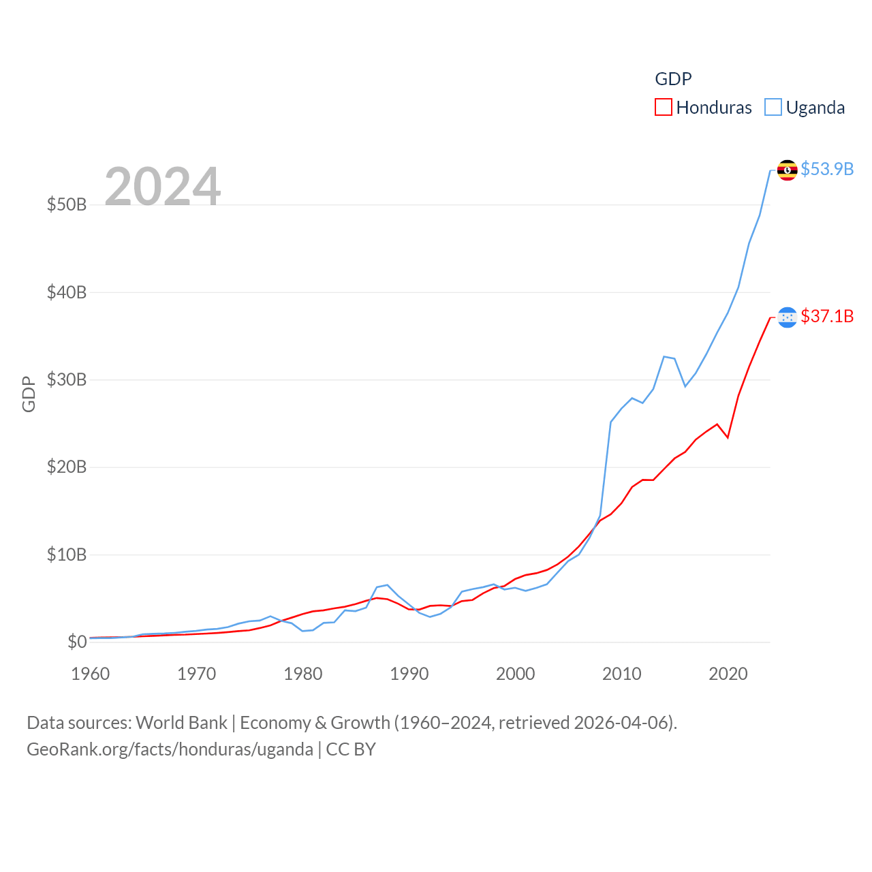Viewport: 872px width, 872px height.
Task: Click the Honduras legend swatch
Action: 664,107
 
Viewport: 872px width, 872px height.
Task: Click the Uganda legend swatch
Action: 773,107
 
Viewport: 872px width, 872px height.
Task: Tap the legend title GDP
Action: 673,79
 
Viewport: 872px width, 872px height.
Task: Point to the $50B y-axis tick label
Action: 67,204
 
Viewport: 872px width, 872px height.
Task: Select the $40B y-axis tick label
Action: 67,292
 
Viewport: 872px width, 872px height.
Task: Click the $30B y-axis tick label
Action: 67,379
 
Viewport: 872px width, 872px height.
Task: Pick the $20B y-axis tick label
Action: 67,467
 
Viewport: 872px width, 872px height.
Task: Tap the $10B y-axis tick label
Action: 67,555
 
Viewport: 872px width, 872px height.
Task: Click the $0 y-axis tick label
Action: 77,642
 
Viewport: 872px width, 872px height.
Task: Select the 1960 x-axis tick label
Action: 91,674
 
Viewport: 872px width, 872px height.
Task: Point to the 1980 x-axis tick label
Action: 303,674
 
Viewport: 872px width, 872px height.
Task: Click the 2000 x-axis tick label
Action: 516,674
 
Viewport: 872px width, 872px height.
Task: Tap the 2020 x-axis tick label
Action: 728,674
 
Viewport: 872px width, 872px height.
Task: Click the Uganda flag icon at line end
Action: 788,170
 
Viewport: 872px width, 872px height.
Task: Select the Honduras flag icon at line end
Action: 788,317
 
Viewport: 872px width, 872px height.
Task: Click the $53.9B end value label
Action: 827,169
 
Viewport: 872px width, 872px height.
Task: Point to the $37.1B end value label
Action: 827,316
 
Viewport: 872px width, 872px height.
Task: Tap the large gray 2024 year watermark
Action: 163,186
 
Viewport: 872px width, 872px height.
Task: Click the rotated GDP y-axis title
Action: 29,394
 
